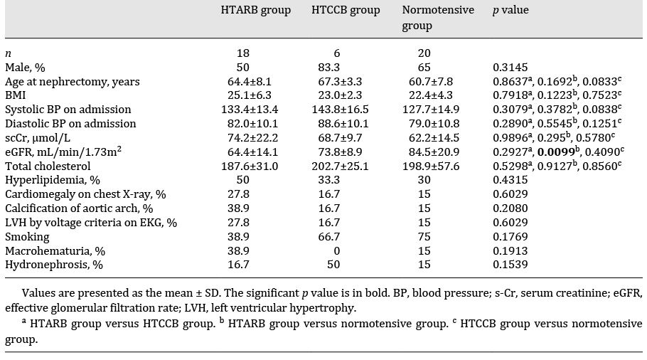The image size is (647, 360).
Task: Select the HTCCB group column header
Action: pos(346,11)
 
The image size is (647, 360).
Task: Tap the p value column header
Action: pos(511,11)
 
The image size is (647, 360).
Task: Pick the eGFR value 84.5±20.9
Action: pos(431,152)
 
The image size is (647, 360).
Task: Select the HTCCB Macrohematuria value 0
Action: pos(337,250)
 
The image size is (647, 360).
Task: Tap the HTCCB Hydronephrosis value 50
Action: pos(337,265)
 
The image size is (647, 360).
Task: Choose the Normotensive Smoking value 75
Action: pos(425,236)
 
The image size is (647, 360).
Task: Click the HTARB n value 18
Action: pos(242,53)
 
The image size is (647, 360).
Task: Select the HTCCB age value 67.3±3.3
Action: pos(338,81)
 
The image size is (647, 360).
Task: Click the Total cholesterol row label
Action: pos(46,166)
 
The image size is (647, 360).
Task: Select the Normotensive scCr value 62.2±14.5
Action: pos(431,137)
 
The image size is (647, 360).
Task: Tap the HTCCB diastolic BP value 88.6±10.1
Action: pos(338,124)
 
